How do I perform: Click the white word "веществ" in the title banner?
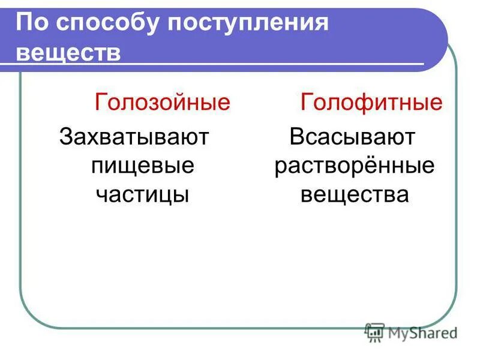(x=68, y=52)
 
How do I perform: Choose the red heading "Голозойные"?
(x=162, y=103)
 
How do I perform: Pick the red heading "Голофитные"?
(x=371, y=103)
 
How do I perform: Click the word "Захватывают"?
(x=133, y=137)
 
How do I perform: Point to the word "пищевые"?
(x=142, y=166)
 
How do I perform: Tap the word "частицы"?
(x=142, y=194)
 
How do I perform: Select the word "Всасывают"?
(x=352, y=137)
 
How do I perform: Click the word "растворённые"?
(x=354, y=166)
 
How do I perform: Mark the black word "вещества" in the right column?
(x=354, y=194)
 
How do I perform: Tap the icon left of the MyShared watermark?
(x=374, y=332)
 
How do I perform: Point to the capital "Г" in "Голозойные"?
(x=101, y=103)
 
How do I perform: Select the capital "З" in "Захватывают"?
(x=67, y=137)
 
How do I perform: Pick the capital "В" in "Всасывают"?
(x=297, y=137)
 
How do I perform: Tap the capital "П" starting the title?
(x=24, y=24)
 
